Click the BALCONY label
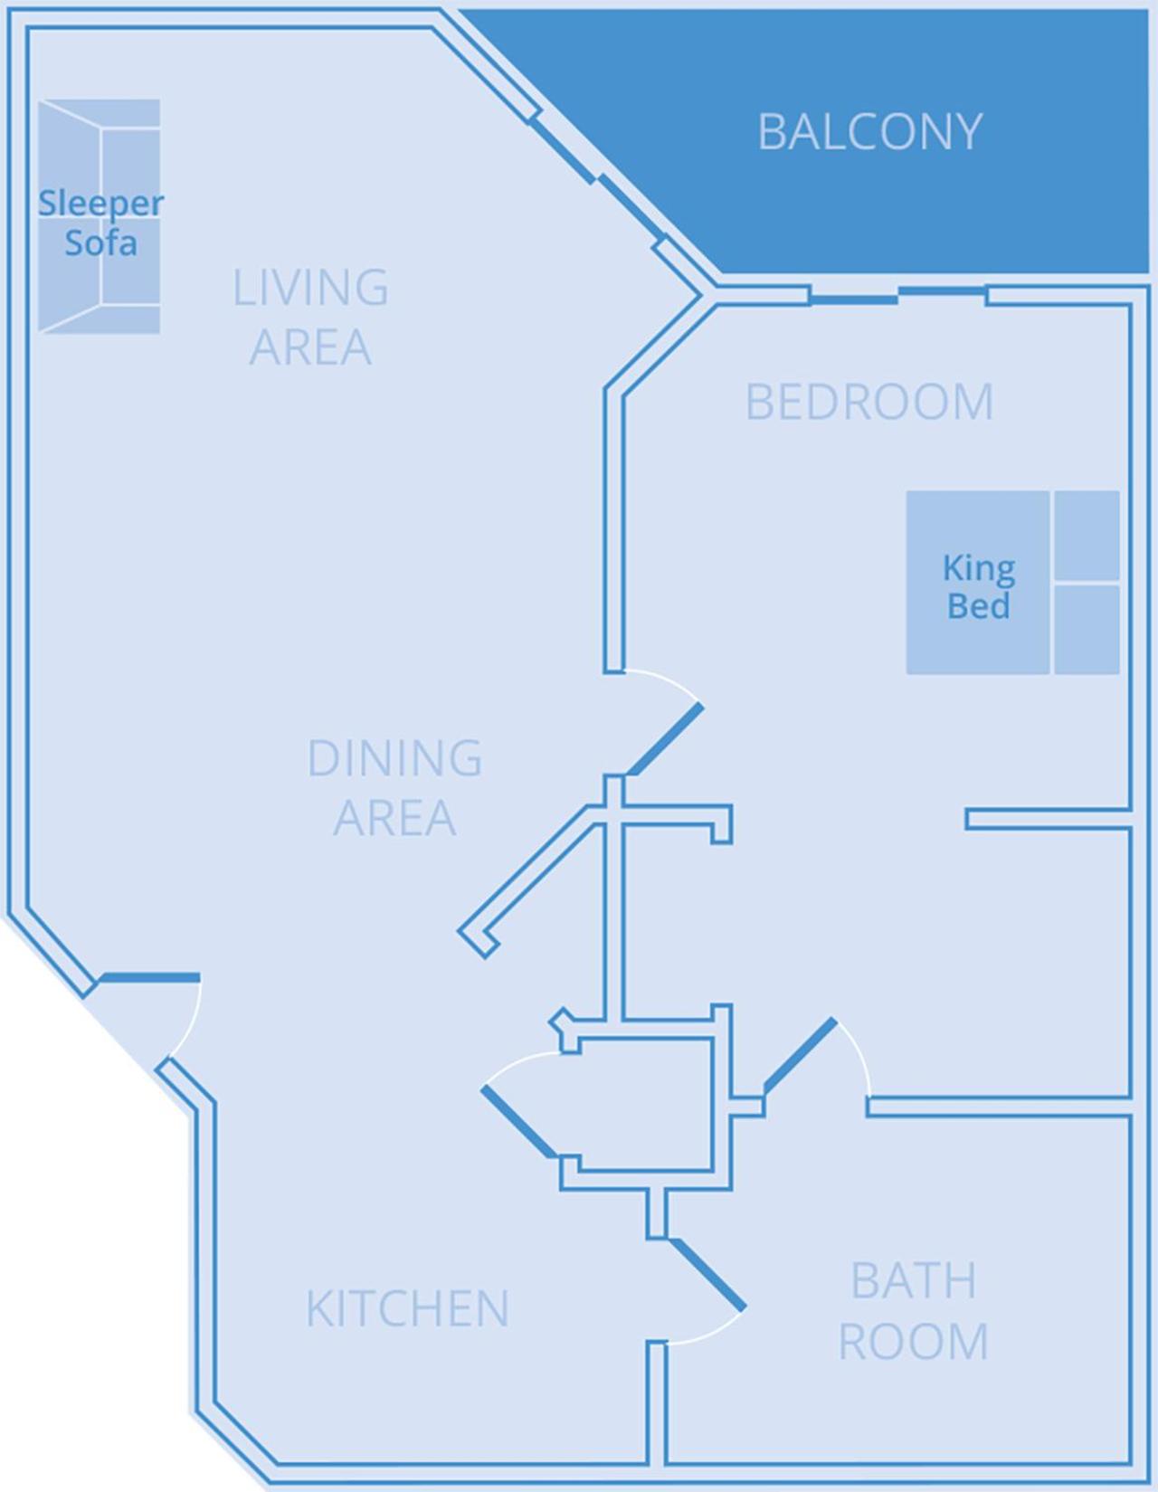coord(869,132)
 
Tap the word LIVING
coord(310,288)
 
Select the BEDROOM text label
coord(869,402)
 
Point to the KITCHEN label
coord(407,1308)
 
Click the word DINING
coord(394,758)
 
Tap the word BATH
coord(914,1280)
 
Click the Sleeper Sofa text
coord(100,223)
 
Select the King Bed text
coord(978,586)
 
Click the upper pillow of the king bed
coord(1087,535)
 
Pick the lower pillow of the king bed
coord(1087,629)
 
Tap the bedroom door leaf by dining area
coord(666,738)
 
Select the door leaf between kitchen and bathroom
coord(707,1273)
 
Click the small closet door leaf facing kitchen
coord(519,1121)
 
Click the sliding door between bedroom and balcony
coord(854,298)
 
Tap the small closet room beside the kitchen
coord(644,1104)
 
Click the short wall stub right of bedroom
coord(1047,819)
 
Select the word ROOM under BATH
coord(914,1341)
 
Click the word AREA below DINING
coord(394,818)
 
